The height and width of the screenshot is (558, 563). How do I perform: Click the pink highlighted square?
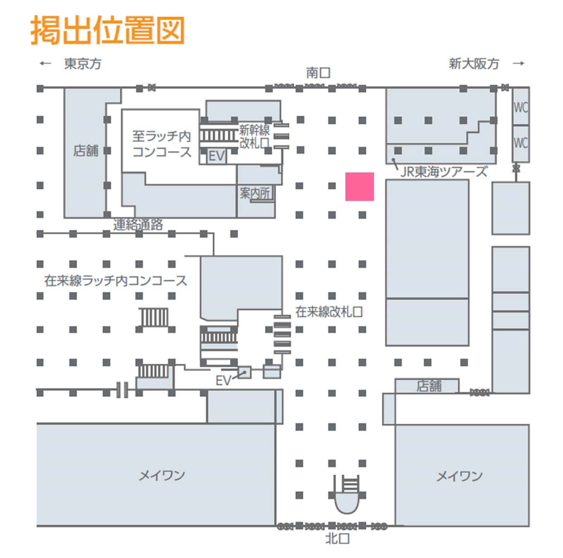click(360, 186)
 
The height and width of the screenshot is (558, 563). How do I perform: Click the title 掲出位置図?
click(107, 30)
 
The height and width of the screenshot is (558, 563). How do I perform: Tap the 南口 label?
click(318, 73)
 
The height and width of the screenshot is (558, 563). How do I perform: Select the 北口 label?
click(337, 539)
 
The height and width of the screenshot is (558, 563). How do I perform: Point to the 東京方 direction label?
click(83, 64)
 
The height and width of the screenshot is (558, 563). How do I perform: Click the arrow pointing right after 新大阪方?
click(518, 63)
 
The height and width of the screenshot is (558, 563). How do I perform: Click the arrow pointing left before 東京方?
click(45, 63)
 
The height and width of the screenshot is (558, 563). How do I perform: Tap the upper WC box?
click(520, 107)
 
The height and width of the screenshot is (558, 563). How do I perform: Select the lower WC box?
click(520, 143)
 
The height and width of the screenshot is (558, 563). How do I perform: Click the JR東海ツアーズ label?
click(444, 172)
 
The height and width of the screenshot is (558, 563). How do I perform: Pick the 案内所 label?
click(255, 193)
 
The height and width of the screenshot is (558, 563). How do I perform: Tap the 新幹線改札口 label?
click(254, 137)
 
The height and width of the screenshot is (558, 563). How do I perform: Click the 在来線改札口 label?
click(329, 312)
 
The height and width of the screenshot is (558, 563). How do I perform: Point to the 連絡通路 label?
click(138, 224)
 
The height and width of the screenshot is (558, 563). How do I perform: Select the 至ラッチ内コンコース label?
click(162, 144)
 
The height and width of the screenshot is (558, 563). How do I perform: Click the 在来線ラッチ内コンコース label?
click(116, 281)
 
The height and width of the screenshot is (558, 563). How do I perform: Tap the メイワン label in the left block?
click(162, 475)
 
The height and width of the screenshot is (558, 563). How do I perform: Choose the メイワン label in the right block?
click(459, 476)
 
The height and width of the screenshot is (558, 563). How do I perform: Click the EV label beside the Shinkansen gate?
click(216, 156)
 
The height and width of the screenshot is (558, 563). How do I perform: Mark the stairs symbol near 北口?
click(350, 485)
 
